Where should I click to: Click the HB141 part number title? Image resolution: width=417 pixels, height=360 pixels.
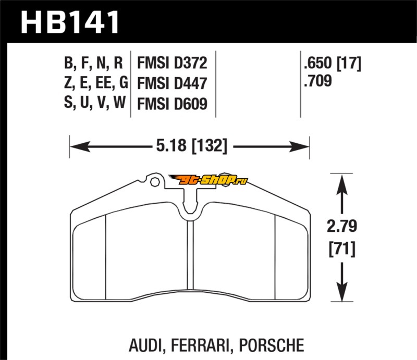[x=70, y=22]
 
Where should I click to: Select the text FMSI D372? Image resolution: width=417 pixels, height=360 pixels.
[x=172, y=64]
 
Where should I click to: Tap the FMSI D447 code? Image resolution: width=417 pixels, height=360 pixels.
[x=172, y=83]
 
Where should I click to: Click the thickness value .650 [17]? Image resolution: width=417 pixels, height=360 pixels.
[x=332, y=64]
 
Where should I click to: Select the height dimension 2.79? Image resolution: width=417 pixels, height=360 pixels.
[x=341, y=227]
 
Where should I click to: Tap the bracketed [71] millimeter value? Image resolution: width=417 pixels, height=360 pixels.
[x=341, y=249]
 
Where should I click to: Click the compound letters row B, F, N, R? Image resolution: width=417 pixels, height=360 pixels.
[x=94, y=64]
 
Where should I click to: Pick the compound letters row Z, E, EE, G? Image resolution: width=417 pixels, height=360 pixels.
[x=94, y=83]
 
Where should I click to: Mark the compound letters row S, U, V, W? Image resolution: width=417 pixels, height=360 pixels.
[x=94, y=103]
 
